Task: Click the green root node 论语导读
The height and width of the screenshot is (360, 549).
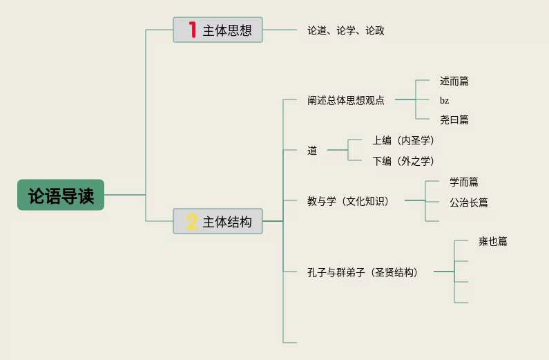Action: point(61,196)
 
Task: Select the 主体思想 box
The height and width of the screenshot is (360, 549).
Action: point(218,30)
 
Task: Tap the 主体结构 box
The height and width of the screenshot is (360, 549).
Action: point(218,222)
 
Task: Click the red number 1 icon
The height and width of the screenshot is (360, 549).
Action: point(192,30)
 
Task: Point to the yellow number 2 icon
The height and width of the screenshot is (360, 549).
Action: point(192,222)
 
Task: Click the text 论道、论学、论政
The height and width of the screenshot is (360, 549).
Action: point(346,31)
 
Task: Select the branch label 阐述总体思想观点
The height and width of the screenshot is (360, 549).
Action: point(346,100)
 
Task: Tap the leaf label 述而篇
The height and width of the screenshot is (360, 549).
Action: point(454,81)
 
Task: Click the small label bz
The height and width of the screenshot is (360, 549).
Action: point(444,100)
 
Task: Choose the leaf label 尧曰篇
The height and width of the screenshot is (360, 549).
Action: point(454,120)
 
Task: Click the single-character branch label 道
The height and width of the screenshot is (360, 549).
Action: point(312,151)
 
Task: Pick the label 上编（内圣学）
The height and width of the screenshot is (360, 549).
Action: point(403,141)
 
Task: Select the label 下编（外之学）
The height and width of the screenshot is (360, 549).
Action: point(403,161)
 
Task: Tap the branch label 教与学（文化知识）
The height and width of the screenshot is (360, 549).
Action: point(348,202)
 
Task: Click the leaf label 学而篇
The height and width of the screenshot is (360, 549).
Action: point(464,182)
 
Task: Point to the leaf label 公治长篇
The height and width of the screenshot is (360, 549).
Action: point(469,202)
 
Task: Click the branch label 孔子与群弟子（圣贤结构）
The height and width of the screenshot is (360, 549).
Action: point(363,272)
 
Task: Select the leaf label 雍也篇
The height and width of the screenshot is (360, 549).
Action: point(493,242)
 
